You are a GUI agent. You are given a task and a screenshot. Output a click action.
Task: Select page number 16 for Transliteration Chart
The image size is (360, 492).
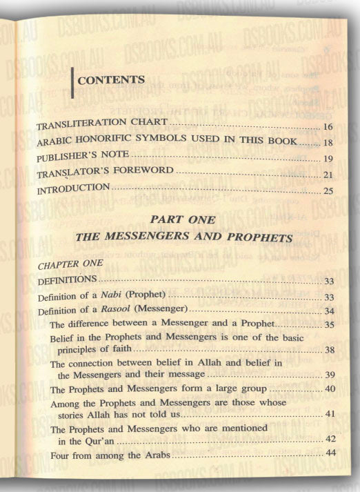(x=328, y=128)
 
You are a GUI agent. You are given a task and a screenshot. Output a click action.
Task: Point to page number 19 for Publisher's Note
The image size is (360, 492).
(x=328, y=157)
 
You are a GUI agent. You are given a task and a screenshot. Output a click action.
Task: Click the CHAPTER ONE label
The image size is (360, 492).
(x=71, y=264)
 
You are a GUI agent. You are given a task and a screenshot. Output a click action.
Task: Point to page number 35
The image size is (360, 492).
(x=329, y=324)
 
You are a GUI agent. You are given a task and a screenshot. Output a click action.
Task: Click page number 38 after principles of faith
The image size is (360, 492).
(x=329, y=351)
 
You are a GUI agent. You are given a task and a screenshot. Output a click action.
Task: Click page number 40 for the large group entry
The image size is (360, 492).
(x=329, y=391)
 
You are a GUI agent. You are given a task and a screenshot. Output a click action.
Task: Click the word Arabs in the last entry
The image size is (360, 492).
(x=159, y=456)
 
